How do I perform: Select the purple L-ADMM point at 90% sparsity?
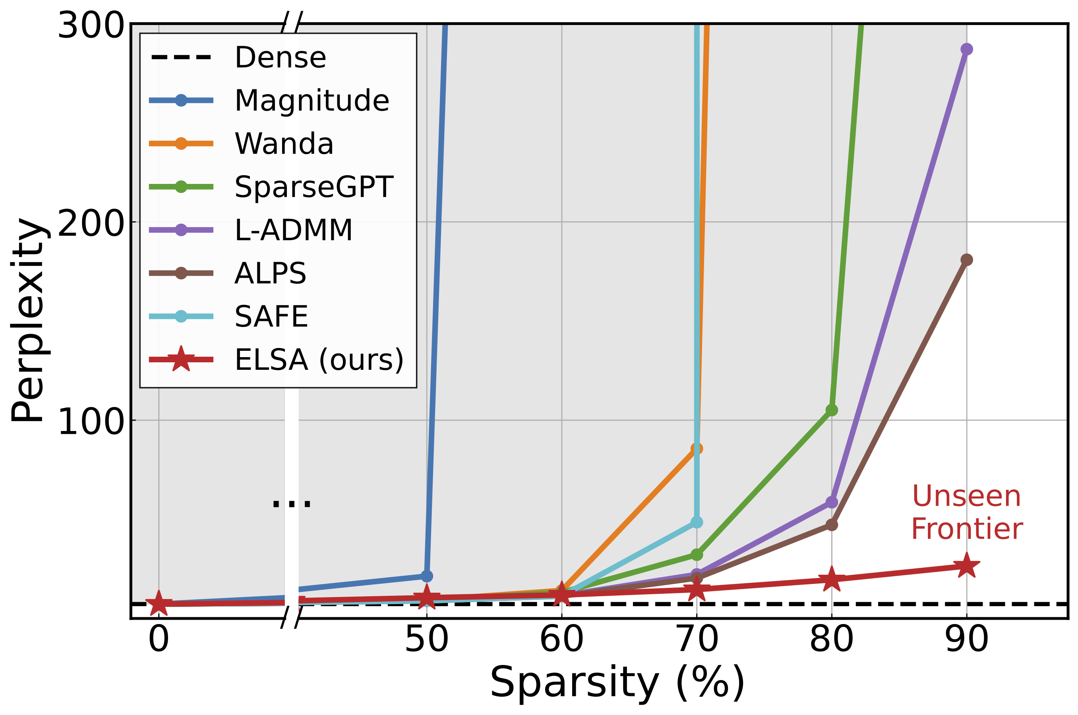pos(966,49)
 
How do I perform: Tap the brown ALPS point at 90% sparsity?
pos(966,260)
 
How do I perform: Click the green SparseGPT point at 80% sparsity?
pos(832,410)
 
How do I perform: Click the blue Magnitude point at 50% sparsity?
pos(426,576)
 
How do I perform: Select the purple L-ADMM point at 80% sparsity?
pos(832,502)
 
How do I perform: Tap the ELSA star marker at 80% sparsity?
pos(832,580)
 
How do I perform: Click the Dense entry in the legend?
pos(280,58)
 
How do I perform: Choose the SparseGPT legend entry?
pos(314,187)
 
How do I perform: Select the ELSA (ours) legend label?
pos(319,359)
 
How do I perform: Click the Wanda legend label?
pos(284,144)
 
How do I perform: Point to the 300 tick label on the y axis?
pos(91,25)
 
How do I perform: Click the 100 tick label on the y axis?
pos(91,422)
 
